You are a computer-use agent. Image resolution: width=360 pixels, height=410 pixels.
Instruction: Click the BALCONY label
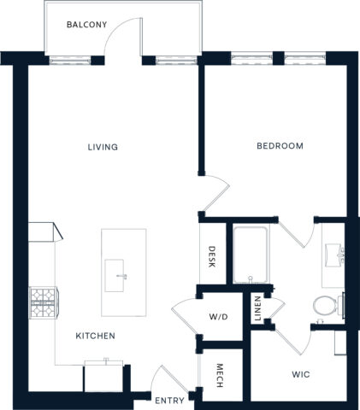pyautogui.click(x=87, y=25)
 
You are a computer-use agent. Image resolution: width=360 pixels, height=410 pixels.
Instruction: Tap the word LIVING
pyautogui.click(x=103, y=147)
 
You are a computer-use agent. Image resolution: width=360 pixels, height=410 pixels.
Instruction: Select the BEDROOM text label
pyautogui.click(x=280, y=146)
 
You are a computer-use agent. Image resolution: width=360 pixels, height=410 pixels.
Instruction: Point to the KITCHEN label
pyautogui.click(x=95, y=336)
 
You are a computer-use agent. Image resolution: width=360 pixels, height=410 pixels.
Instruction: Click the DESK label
pyautogui.click(x=212, y=257)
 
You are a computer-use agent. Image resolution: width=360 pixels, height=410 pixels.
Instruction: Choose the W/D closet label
pyautogui.click(x=219, y=316)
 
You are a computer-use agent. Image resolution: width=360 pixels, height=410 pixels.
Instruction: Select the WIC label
pyautogui.click(x=301, y=373)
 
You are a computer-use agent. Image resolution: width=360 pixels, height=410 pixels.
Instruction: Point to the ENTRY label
pyautogui.click(x=168, y=399)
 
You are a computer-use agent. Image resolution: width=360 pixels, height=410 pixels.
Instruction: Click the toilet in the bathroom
pyautogui.click(x=325, y=304)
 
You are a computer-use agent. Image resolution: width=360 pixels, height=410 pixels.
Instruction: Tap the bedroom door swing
pyautogui.click(x=216, y=192)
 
